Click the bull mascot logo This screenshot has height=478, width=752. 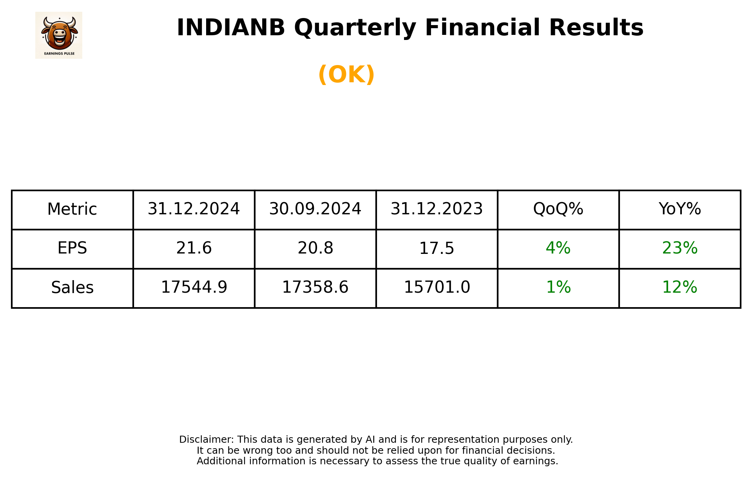(59, 35)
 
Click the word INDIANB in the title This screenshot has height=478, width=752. (230, 28)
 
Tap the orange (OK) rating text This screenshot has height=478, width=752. (346, 74)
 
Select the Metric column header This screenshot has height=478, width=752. (72, 209)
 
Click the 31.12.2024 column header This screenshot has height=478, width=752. (194, 209)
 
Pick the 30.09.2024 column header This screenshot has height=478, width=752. (315, 209)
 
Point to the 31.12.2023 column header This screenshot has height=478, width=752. (437, 209)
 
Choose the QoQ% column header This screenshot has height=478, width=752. (558, 209)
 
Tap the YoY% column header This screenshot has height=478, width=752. (680, 209)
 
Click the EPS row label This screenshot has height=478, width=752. (72, 248)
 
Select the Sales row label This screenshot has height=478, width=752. (72, 288)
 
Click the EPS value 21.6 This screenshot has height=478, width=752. (194, 248)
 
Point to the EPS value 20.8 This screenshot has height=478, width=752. (315, 248)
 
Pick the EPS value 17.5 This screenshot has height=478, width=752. (437, 248)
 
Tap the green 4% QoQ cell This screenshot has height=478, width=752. (558, 248)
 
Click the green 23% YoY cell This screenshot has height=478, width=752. (680, 248)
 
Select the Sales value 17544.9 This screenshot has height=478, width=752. (194, 288)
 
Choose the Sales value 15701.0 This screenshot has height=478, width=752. (437, 288)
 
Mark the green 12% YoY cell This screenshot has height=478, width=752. (680, 288)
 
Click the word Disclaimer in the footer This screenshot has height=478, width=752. (206, 440)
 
